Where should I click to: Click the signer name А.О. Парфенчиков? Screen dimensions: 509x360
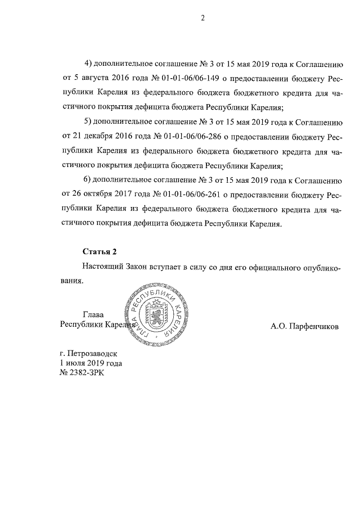point(304,326)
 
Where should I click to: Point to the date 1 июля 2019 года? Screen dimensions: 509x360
point(91,363)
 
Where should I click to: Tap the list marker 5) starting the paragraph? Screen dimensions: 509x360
point(88,121)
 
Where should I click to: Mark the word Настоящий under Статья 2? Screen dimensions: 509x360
point(102,267)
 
